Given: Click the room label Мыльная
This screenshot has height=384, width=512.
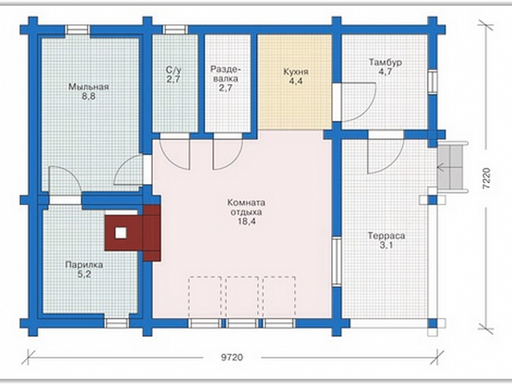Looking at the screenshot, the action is point(89,87).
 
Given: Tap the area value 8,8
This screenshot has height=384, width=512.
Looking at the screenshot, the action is point(89,96).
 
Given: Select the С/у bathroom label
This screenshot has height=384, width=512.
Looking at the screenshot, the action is point(173,70).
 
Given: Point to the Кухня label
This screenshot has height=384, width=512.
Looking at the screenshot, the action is point(296,72).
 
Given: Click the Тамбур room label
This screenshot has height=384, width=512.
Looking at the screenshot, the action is point(385,62).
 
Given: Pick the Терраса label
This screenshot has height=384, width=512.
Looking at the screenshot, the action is point(386,236).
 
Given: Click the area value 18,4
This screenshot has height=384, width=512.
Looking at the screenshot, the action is point(246,222).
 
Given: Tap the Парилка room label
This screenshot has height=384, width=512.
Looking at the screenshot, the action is point(84,265).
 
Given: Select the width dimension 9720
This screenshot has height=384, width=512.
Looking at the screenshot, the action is point(232,357).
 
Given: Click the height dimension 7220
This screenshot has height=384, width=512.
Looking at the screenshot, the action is point(486,178).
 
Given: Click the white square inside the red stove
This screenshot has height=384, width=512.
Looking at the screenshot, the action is point(121,233).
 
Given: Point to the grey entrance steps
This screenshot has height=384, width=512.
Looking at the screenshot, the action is point(450,167).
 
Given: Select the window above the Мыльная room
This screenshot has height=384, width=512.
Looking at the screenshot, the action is point(78,30).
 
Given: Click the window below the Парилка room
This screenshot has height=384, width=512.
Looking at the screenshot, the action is point(116,323).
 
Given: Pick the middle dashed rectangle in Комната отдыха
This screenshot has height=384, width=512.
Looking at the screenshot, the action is point(242,297).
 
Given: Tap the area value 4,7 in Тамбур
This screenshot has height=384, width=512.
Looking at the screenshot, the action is point(385,72).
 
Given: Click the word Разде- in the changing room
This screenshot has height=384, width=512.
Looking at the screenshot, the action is point(225,69).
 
